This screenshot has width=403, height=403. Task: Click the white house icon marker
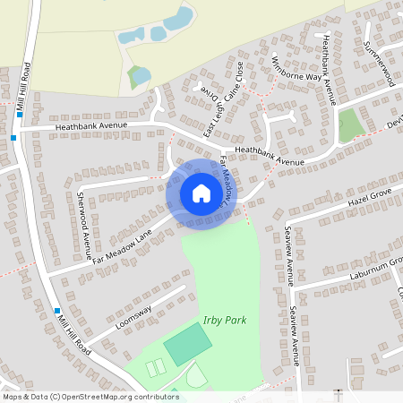tap(201, 193)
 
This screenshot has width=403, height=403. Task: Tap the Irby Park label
tap(225, 321)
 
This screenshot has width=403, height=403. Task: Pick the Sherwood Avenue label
tap(85, 219)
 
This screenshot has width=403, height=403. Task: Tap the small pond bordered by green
tap(139, 77)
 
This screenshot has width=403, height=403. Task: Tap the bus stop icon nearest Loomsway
tap(56, 309)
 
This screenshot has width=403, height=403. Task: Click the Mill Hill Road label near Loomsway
tap(71, 330)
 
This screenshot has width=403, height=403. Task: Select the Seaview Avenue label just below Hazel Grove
tap(289, 253)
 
